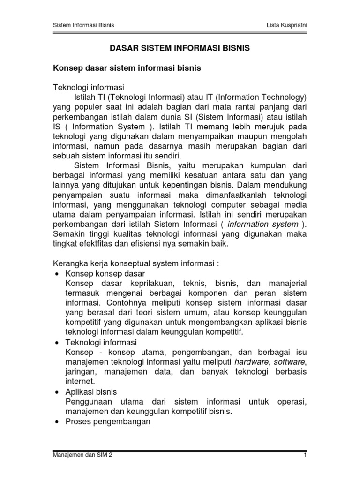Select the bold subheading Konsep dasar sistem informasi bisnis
[126, 68]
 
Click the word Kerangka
[68, 263]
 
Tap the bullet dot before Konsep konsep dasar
[56, 274]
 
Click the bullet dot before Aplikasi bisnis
[56, 392]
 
